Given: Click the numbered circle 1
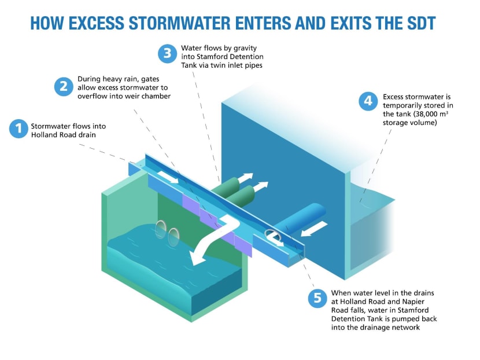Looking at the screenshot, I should [x=19, y=128].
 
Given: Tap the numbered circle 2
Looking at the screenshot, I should [x=62, y=86].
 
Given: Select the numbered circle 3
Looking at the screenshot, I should [x=167, y=54].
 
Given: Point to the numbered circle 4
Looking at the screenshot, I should [x=367, y=102].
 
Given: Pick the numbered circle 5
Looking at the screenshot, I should [x=316, y=298].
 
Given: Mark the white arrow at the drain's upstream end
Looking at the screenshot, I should [x=169, y=176].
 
